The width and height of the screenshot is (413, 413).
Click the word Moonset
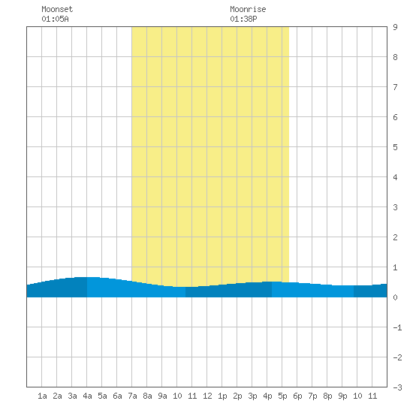pos(57,9)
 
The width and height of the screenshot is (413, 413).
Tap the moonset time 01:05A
pos(55,19)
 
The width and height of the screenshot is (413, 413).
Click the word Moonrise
pos(248,9)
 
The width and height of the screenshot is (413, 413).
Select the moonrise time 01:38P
pos(243,19)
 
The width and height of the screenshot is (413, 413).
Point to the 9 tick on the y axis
pos(395,27)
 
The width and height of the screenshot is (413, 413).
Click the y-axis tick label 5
pos(395,147)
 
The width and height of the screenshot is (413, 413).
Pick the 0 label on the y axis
pos(395,297)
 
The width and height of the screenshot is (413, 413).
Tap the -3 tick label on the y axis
pos(397,387)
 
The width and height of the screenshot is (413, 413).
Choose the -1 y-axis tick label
pos(397,327)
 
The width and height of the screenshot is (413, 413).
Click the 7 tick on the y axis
pos(395,87)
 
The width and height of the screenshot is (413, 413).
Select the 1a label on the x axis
pos(42,396)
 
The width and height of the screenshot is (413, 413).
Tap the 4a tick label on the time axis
pos(87,396)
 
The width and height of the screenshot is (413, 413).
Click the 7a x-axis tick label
pos(132,396)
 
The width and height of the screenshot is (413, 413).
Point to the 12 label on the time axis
pos(207,396)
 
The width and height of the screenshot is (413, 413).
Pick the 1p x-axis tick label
pos(222,396)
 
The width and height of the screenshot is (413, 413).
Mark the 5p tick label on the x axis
pos(282,396)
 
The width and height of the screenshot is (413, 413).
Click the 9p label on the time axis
pos(342,396)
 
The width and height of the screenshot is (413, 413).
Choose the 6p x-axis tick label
pos(297,396)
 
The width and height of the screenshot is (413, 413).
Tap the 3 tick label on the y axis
pos(395,207)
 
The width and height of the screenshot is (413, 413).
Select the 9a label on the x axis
pos(162,396)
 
